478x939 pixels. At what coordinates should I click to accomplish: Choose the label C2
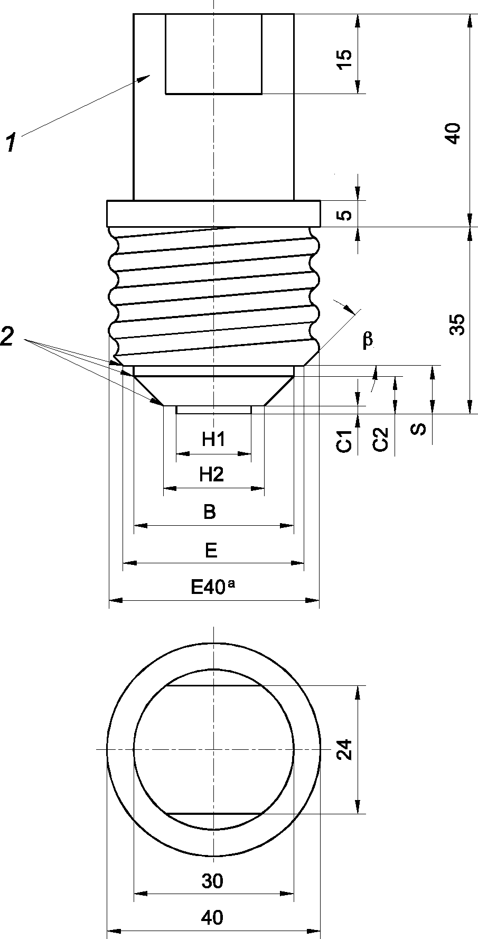point(380,439)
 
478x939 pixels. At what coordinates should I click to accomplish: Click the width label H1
point(213,439)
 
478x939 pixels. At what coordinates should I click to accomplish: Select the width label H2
point(212,475)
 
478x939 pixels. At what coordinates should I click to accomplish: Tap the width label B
point(210,512)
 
